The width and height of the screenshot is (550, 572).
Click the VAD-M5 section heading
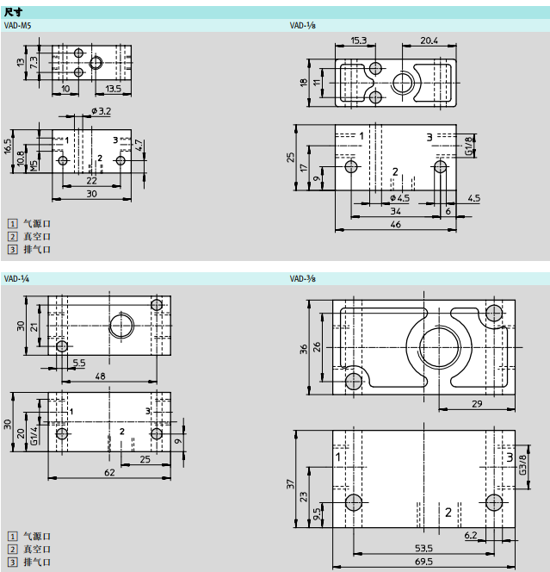click(17, 26)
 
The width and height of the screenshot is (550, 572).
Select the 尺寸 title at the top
click(13, 12)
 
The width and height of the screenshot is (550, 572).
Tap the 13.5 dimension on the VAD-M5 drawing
click(113, 88)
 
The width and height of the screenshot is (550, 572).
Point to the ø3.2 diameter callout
click(101, 111)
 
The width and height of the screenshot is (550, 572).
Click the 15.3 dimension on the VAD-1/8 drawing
click(359, 40)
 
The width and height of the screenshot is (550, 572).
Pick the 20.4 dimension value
click(429, 40)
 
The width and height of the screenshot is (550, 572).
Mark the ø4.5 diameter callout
click(400, 198)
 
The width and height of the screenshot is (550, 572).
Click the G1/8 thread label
click(469, 145)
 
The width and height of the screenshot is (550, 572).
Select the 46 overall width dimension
click(395, 224)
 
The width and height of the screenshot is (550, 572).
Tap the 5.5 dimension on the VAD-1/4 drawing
click(78, 363)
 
